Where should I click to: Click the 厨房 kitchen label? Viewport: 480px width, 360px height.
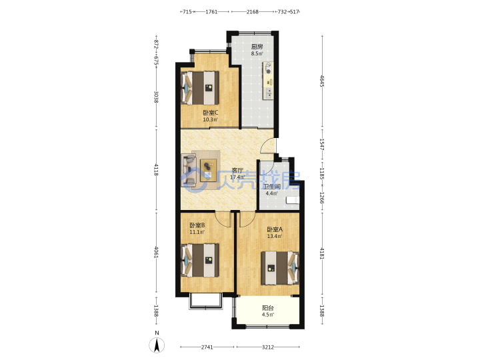click(257, 47)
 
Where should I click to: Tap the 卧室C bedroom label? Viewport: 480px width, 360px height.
click(211, 113)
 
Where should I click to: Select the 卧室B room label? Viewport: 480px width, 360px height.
click(197, 225)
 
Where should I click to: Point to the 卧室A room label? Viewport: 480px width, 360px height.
click(275, 229)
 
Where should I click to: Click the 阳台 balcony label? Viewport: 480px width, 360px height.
click(268, 308)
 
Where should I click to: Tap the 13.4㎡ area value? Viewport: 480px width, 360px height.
click(275, 236)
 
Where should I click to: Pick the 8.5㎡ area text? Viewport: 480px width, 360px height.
click(257, 53)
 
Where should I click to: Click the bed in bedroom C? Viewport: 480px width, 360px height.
click(200, 88)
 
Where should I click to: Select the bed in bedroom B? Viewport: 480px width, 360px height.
click(200, 260)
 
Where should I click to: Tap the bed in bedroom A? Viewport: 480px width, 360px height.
click(280, 268)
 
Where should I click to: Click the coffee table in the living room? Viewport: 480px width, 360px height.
click(208, 170)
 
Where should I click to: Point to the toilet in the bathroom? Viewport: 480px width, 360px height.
click(293, 200)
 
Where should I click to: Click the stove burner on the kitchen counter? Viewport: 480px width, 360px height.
click(269, 71)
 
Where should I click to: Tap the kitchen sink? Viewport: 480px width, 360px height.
click(268, 93)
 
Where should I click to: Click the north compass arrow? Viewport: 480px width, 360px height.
click(157, 345)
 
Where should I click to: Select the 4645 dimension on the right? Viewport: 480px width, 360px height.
click(322, 81)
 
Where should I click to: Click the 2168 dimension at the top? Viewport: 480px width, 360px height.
click(253, 11)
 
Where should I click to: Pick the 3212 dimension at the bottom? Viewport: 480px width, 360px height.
click(268, 347)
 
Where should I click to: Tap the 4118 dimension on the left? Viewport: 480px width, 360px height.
click(156, 170)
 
